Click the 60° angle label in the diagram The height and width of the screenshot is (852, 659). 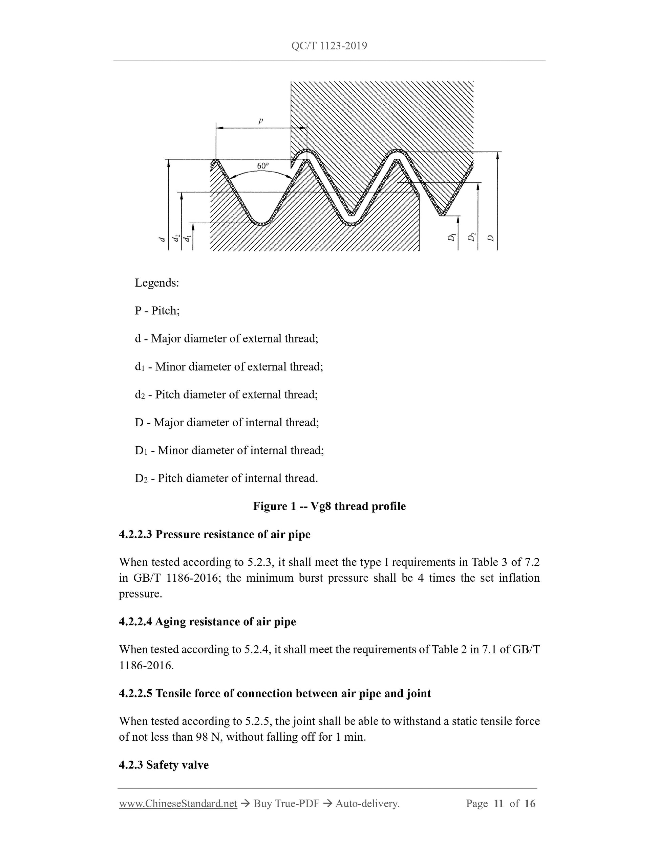263,166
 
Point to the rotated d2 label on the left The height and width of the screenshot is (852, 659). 176,238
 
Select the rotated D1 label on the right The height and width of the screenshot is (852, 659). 452,237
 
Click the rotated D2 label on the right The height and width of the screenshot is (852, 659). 472,237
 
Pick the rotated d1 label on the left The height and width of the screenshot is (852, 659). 188,238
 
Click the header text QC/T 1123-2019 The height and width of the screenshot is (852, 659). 329,46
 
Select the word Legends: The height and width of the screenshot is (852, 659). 157,283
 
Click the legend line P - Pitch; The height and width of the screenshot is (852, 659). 157,311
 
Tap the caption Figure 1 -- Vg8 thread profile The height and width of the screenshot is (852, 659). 329,507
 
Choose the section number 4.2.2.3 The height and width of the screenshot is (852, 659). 135,535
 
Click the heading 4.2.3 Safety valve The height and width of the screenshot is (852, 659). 164,765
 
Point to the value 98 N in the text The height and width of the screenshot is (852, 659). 209,737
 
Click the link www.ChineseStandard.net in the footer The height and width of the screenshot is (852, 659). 178,804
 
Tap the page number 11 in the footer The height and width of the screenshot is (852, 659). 498,804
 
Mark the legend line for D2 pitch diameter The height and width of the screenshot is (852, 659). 227,478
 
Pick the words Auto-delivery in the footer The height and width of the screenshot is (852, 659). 367,804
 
